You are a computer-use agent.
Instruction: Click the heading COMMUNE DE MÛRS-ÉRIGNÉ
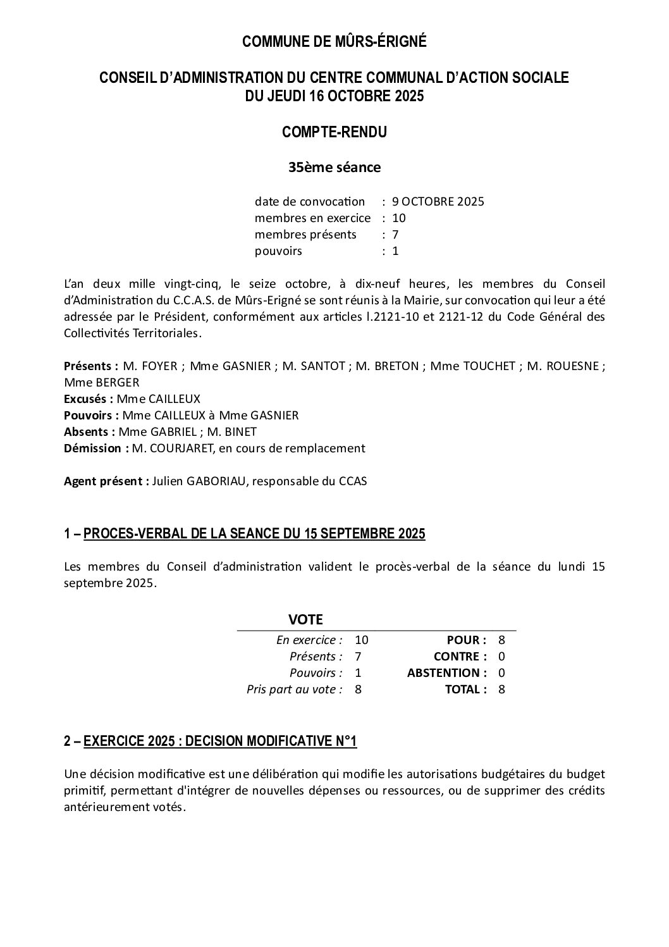(334, 42)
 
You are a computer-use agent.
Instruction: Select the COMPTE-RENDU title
(334, 132)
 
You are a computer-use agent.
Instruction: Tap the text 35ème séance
(334, 168)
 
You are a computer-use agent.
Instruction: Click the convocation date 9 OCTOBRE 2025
(438, 202)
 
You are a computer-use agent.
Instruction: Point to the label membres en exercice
(312, 218)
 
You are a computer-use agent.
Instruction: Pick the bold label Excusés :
(89, 399)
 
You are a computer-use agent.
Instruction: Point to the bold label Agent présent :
(106, 481)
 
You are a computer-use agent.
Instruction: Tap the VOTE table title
(305, 619)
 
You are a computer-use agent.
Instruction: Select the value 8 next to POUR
(501, 640)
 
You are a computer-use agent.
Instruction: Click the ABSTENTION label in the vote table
(446, 672)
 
